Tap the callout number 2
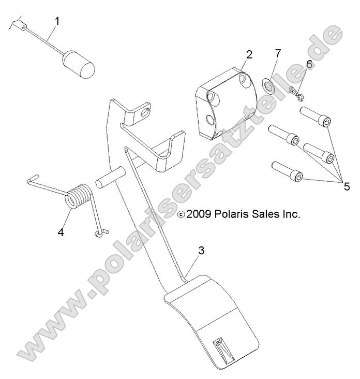pyautogui.click(x=249, y=54)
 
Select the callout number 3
pyautogui.click(x=201, y=250)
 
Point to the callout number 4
pyautogui.click(x=61, y=218)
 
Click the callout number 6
pyautogui.click(x=309, y=64)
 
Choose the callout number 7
pyautogui.click(x=278, y=54)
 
